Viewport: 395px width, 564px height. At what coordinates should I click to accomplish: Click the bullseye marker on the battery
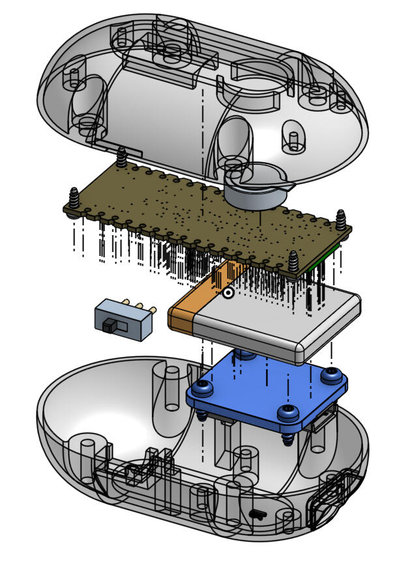[x=228, y=293]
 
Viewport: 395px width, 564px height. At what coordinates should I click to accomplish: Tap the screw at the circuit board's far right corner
[x=341, y=221]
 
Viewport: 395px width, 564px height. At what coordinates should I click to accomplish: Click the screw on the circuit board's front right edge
[x=295, y=261]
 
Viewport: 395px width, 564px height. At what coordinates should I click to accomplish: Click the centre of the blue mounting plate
[x=267, y=388]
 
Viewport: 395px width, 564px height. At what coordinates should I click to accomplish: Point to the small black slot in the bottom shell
[x=258, y=515]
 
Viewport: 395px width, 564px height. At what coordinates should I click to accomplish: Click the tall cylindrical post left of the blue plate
[x=171, y=388]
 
